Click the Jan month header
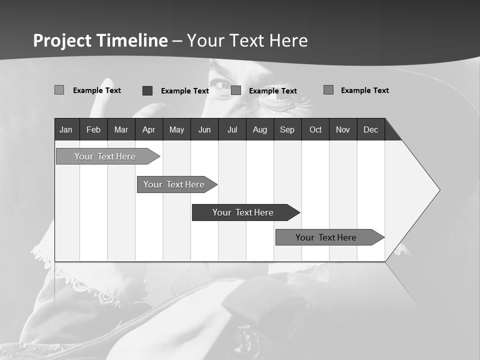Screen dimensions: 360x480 click(x=66, y=129)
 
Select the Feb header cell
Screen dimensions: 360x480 click(x=93, y=129)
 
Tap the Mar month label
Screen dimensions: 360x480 click(x=121, y=129)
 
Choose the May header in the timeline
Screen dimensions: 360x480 click(x=176, y=129)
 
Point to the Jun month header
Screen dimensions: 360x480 click(x=204, y=129)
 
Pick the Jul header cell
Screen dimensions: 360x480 click(x=232, y=129)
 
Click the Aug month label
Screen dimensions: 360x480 click(x=260, y=129)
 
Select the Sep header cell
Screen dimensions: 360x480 click(x=287, y=129)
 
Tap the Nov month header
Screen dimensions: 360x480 click(x=343, y=129)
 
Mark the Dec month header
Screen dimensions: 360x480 click(x=370, y=129)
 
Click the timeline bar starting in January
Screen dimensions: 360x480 click(x=105, y=156)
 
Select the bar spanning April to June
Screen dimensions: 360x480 click(x=174, y=184)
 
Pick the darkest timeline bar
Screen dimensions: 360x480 click(x=243, y=212)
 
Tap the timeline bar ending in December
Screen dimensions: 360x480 click(x=326, y=237)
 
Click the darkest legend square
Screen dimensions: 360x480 click(x=147, y=90)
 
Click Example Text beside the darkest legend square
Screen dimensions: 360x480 click(x=185, y=91)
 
